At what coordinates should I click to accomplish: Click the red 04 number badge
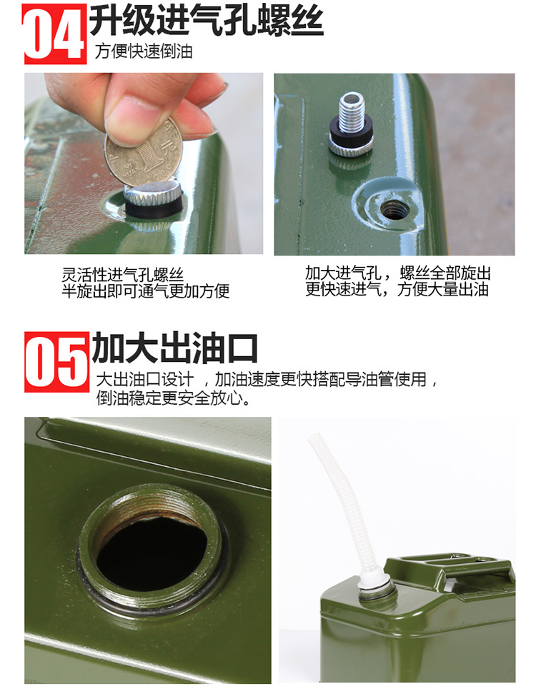55,34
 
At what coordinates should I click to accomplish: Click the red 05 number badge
57,362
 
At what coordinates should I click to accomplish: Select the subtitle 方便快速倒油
144,51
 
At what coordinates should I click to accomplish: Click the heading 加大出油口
174,348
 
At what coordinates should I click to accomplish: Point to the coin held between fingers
143,151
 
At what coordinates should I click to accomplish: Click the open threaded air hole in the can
394,209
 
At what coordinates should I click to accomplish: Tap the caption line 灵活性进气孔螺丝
123,275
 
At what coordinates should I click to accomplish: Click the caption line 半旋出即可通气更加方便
145,291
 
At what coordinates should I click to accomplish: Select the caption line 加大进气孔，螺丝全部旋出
398,273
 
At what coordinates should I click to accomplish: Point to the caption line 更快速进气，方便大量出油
397,289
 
